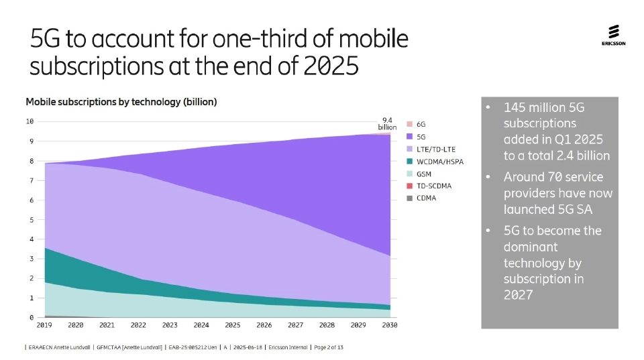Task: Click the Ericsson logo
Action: [613, 36]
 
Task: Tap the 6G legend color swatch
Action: [409, 125]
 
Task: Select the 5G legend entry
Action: [421, 137]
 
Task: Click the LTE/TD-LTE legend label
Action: [435, 149]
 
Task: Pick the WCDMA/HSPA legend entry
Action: [439, 162]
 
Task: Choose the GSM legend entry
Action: [423, 174]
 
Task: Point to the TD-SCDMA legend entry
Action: [433, 186]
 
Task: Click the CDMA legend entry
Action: [426, 198]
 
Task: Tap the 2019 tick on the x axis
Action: [44, 325]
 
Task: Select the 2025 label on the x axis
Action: [233, 325]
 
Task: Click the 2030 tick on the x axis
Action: [389, 325]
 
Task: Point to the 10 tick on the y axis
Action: [30, 121]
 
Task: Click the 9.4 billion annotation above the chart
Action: [387, 123]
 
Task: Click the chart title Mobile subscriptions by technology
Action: [121, 102]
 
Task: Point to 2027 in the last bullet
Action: [518, 295]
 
